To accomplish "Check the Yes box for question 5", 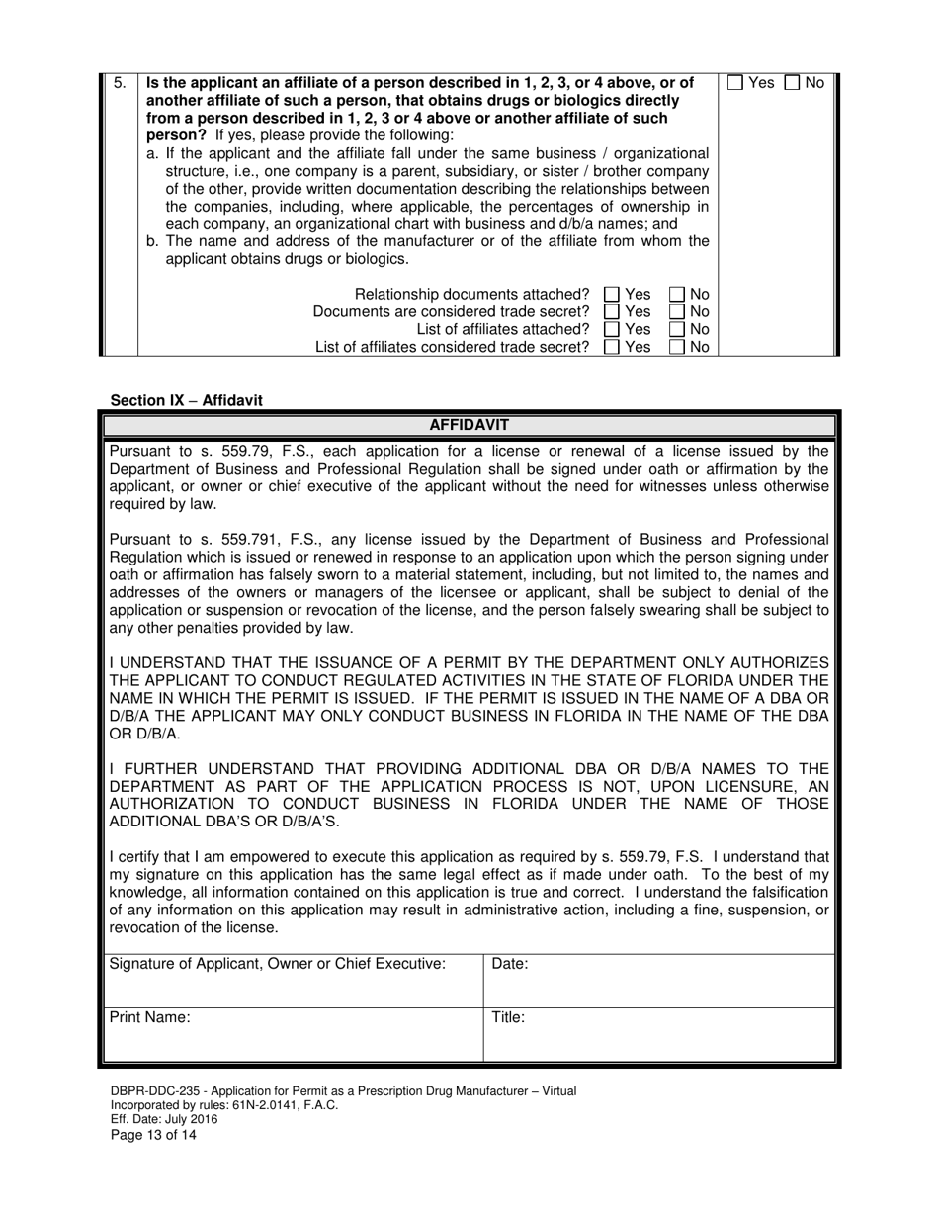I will (x=735, y=84).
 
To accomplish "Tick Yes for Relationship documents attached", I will (x=611, y=294).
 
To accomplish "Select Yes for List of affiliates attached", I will (x=611, y=329).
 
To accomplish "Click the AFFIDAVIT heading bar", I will (x=469, y=425).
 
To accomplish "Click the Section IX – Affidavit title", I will (x=187, y=400).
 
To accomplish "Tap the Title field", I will (x=658, y=1035).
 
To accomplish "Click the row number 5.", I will (x=119, y=83).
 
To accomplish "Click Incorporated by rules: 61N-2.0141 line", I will (x=223, y=1105).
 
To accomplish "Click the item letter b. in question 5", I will (x=153, y=241).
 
